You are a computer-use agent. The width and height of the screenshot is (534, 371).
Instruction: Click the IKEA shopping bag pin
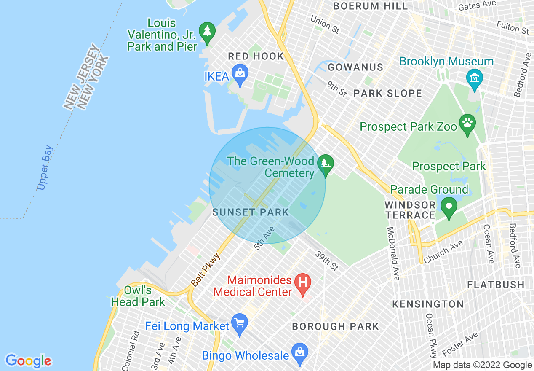click(x=240, y=75)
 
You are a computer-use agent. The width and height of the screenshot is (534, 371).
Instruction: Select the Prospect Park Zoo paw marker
click(x=467, y=124)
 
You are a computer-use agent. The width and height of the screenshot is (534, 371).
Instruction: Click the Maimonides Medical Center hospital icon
click(x=302, y=284)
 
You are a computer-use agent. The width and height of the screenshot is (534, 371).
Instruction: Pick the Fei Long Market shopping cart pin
click(x=240, y=324)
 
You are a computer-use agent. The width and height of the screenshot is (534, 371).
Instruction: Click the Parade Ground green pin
click(x=449, y=207)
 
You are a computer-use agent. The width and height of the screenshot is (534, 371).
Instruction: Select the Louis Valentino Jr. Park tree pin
click(x=207, y=32)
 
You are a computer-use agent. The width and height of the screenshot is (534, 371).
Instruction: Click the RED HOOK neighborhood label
click(x=256, y=56)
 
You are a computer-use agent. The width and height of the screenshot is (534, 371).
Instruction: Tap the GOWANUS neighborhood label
click(x=355, y=67)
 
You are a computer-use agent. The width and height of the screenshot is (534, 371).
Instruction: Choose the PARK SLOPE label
click(x=387, y=93)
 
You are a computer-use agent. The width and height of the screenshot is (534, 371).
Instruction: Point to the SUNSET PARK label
click(x=251, y=212)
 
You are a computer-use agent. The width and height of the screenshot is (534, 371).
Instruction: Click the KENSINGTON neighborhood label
click(x=428, y=304)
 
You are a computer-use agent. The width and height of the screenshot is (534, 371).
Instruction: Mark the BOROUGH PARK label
click(x=335, y=326)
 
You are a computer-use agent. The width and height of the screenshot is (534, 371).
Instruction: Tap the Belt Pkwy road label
click(x=206, y=270)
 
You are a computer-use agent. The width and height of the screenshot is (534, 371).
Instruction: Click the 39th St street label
click(x=327, y=261)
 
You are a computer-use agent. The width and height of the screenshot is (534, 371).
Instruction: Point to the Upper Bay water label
click(x=45, y=167)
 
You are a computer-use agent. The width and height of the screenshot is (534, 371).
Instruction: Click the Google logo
click(x=28, y=360)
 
